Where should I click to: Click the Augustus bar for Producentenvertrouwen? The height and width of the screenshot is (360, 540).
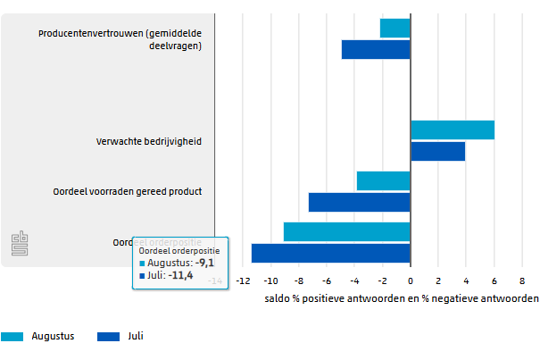[395, 29]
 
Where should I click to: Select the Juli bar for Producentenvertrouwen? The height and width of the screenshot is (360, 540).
[376, 50]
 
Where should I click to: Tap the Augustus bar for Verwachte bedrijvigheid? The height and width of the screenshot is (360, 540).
[453, 130]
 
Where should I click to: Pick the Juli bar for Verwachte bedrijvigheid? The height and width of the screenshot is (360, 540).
[437, 151]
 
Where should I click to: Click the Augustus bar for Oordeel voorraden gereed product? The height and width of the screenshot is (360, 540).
[384, 180]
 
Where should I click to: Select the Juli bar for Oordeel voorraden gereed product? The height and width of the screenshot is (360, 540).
[360, 202]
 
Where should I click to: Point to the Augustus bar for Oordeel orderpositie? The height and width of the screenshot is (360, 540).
[347, 231]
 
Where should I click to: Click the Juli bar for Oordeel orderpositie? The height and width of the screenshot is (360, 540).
[331, 253]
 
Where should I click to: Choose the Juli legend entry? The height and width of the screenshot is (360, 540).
[120, 337]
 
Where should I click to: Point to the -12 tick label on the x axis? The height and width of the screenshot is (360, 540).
[243, 280]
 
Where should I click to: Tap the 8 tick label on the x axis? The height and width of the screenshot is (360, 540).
[522, 280]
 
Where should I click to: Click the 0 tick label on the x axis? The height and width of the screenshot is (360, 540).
[411, 280]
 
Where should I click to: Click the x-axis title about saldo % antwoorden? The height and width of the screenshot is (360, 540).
[402, 298]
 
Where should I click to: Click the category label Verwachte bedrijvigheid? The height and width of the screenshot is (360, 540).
[149, 141]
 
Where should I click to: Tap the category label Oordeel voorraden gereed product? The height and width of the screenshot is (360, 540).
[139, 191]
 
